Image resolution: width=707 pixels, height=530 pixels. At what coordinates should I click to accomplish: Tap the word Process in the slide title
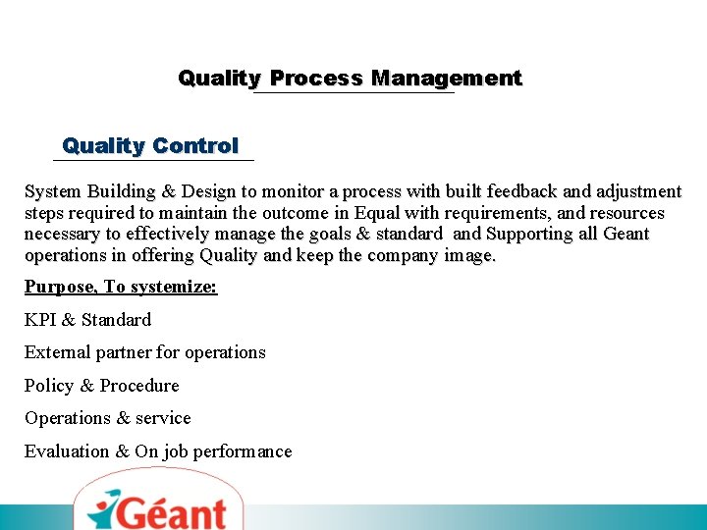click(315, 79)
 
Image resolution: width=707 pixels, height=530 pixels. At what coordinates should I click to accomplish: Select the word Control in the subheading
click(194, 146)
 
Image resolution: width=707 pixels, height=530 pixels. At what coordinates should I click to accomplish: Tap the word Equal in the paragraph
click(379, 213)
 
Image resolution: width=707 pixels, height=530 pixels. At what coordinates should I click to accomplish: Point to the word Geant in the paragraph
click(626, 235)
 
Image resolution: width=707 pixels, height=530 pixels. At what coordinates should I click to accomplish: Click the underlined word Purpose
click(60, 287)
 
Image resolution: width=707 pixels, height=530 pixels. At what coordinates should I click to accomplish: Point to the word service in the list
click(163, 418)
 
